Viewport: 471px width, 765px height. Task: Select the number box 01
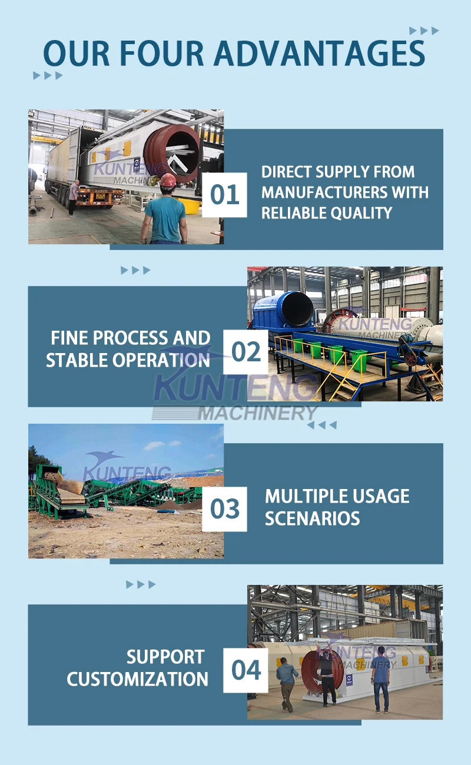(224, 195)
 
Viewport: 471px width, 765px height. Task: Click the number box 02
(246, 352)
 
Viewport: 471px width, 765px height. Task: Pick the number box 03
(224, 509)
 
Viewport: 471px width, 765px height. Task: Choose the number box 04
(246, 670)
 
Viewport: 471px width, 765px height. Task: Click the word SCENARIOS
(312, 518)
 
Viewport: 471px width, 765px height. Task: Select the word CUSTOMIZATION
(137, 678)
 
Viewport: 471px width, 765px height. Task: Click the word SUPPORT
(165, 657)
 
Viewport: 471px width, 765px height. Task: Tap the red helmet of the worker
(168, 180)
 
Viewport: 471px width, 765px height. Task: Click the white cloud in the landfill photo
(154, 445)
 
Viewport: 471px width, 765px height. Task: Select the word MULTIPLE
(304, 496)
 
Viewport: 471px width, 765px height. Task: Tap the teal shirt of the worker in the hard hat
(165, 218)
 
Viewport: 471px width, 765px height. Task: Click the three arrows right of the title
(424, 31)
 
